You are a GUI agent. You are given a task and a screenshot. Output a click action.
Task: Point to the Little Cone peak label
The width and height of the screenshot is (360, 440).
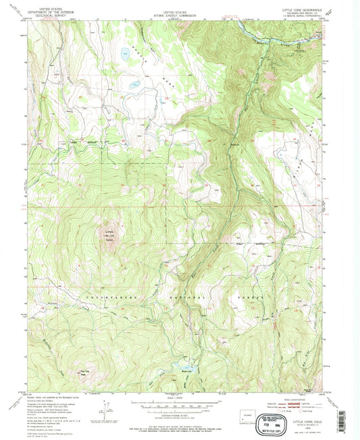(109, 236)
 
